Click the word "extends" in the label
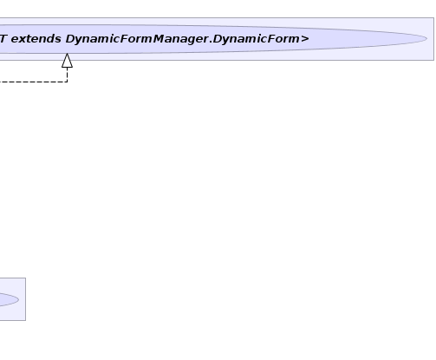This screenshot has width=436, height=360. [x=36, y=39]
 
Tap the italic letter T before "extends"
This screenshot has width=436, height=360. [x=3, y=39]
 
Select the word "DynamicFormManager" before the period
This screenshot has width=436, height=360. [x=137, y=39]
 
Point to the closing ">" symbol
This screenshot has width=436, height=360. [x=305, y=39]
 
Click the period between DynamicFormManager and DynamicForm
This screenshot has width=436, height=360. [x=211, y=43]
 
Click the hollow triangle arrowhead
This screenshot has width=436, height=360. [x=67, y=61]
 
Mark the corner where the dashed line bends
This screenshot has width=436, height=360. [x=67, y=82]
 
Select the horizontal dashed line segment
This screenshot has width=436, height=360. [x=34, y=82]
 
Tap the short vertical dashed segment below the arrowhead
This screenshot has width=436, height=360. [x=67, y=75]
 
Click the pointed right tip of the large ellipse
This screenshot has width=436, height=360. [x=426, y=39]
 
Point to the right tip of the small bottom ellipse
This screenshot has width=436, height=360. [x=19, y=299]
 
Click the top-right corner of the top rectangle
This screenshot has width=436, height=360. [x=433, y=18]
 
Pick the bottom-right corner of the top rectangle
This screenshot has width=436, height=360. [x=433, y=60]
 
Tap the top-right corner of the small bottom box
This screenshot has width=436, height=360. [x=25, y=278]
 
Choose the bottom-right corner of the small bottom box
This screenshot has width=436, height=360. [x=25, y=320]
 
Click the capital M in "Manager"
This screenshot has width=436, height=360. [x=159, y=39]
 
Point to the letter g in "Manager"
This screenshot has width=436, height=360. [x=190, y=41]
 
